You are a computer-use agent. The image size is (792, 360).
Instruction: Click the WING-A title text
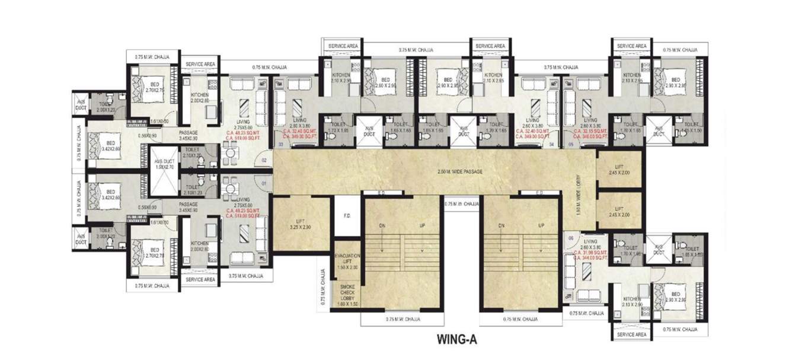(x=456, y=340)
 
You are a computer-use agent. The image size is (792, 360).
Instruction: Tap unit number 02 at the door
(x=264, y=160)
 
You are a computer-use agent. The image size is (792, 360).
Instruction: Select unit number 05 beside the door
(x=571, y=144)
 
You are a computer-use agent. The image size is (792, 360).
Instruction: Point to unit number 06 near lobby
(x=571, y=238)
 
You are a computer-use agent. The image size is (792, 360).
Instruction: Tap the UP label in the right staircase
(x=541, y=226)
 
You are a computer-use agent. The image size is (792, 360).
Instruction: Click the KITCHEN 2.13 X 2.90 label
(x=632, y=301)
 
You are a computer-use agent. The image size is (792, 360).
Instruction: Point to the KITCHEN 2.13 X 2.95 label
(x=632, y=78)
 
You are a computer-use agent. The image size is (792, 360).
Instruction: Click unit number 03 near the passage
(x=281, y=144)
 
